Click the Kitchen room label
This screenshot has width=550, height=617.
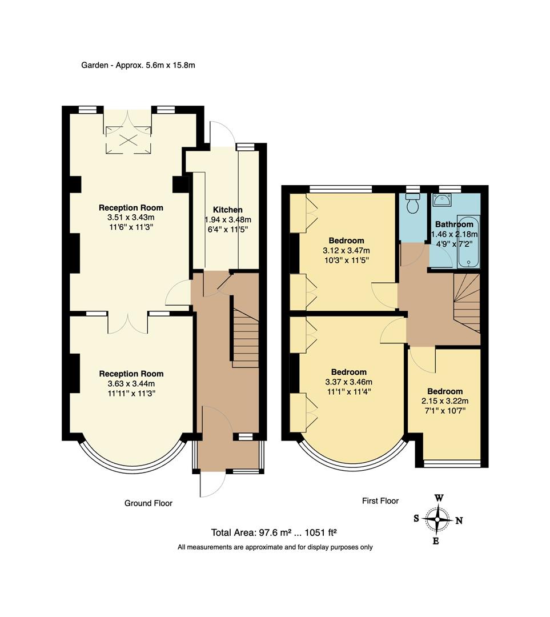pyautogui.click(x=227, y=210)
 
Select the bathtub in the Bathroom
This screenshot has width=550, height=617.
pyautogui.click(x=468, y=241)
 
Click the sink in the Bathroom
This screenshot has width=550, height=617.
pyautogui.click(x=442, y=201)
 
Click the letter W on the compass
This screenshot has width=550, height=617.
pyautogui.click(x=439, y=498)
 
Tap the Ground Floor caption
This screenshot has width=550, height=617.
pyautogui.click(x=148, y=503)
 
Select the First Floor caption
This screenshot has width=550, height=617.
pyautogui.click(x=380, y=500)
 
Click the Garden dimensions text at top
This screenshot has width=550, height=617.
pyautogui.click(x=138, y=65)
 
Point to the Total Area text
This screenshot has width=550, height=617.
pyautogui.click(x=274, y=532)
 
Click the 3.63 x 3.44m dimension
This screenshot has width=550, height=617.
pyautogui.click(x=131, y=384)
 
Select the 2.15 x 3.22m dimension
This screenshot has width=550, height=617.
pyautogui.click(x=444, y=400)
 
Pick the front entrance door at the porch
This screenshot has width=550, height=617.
pyautogui.click(x=211, y=484)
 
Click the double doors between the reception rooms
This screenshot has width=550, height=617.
pyautogui.click(x=128, y=323)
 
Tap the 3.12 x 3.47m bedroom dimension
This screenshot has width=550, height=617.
pyautogui.click(x=346, y=251)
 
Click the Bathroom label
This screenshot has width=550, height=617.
pyautogui.click(x=454, y=225)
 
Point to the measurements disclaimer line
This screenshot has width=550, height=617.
pyautogui.click(x=275, y=547)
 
